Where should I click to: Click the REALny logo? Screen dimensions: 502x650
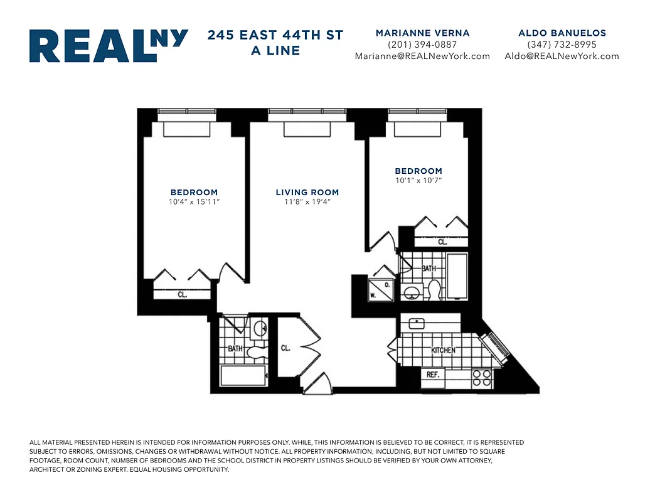tap(109, 46)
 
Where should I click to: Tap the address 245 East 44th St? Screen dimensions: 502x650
tap(275, 35)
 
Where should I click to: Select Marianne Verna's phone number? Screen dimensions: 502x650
tap(422, 45)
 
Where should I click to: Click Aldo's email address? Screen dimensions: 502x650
tap(562, 56)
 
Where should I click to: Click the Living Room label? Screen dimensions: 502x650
tap(307, 193)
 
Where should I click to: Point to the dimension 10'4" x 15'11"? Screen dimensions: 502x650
tap(194, 202)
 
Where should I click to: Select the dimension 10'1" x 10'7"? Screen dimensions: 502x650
tap(418, 181)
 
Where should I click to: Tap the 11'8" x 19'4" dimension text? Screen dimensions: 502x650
tap(307, 202)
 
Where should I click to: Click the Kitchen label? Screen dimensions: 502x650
tap(443, 350)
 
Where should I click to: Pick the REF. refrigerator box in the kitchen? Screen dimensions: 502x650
tap(432, 375)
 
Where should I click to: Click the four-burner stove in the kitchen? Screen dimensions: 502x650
tap(482, 377)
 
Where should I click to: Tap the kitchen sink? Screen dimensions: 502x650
tap(417, 323)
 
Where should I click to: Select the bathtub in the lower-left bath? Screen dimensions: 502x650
tap(243, 375)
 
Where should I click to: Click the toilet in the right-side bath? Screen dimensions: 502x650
tap(434, 291)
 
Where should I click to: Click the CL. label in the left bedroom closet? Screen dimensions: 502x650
tap(183, 294)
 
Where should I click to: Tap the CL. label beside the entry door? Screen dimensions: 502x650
tap(285, 348)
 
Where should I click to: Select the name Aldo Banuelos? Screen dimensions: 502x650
tap(562, 33)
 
